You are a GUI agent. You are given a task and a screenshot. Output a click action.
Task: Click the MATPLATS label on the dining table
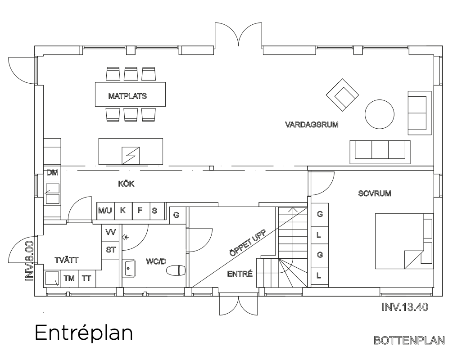[x=127, y=96]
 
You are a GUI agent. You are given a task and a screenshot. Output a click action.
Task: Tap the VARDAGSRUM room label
[x=312, y=125]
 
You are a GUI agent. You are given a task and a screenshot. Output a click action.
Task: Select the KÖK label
[x=126, y=184]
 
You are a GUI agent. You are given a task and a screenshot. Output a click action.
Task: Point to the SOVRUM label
[x=375, y=193]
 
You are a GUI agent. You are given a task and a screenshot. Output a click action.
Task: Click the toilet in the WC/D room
[x=176, y=270]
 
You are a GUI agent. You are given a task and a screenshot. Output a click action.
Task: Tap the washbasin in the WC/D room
[x=129, y=269]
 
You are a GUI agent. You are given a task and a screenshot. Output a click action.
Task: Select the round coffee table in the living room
[x=380, y=114]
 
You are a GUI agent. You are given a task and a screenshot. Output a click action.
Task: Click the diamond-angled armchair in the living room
[x=342, y=94]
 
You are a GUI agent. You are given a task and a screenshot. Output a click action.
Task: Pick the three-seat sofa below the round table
[x=380, y=152]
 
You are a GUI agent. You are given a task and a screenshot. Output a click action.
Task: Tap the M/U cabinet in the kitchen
[x=105, y=211]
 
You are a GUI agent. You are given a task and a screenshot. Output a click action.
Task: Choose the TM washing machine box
[x=69, y=279]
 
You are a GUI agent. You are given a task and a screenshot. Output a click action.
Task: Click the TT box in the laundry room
[x=87, y=279]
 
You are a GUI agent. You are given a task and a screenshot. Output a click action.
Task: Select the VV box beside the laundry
[x=110, y=232]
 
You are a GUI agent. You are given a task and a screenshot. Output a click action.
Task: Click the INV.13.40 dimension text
[x=405, y=307]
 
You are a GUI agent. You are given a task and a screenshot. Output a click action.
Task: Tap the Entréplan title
[x=84, y=333]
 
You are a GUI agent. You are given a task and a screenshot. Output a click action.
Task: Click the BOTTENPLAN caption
[x=409, y=341]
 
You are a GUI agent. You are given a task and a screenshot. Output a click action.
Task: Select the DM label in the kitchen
[x=52, y=173]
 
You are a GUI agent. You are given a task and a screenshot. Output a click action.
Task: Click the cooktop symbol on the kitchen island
[x=131, y=156]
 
